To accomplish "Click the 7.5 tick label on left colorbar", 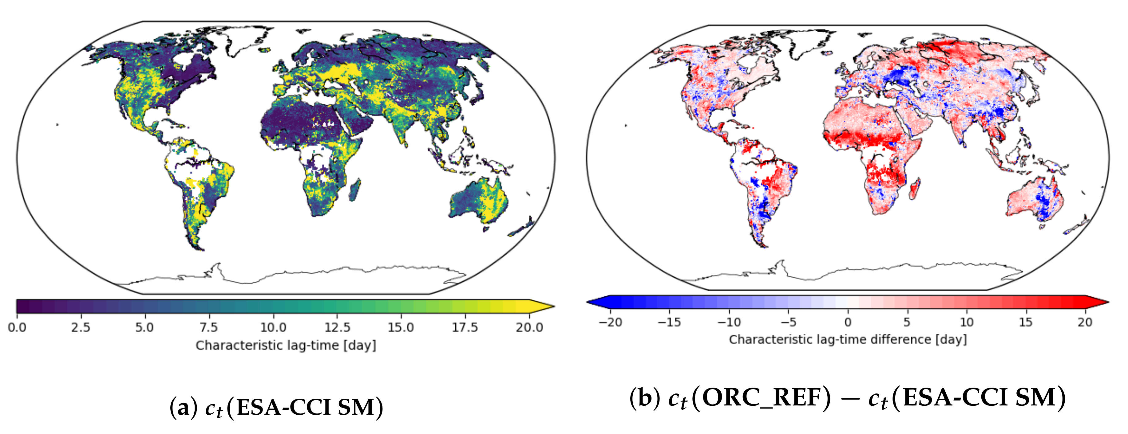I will coord(208,327).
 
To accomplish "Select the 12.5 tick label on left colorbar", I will coord(337,327).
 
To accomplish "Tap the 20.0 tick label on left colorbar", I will coord(529,327).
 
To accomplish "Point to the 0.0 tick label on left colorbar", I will coord(17,327).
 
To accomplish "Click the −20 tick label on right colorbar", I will coord(610,323).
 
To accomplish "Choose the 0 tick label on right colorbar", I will coord(848,323).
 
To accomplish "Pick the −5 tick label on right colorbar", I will coord(788,323).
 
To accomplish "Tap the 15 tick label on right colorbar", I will coord(1026,323).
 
